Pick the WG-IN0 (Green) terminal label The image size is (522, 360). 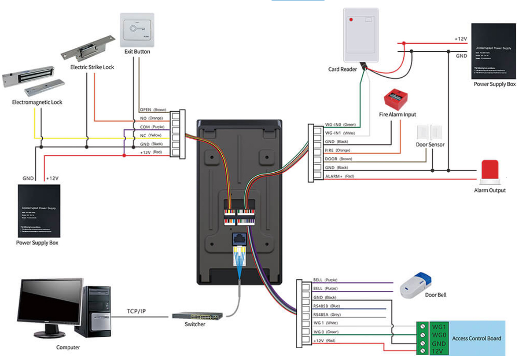coord(340,125)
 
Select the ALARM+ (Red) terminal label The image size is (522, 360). coord(340,176)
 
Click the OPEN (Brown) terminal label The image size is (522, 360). coord(153,110)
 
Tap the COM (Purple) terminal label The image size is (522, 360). coord(151,127)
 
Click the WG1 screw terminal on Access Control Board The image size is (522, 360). coord(422,326)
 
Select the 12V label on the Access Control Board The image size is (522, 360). coord(438,351)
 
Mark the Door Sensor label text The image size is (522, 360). coord(430,145)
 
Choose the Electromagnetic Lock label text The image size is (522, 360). coord(37,102)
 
